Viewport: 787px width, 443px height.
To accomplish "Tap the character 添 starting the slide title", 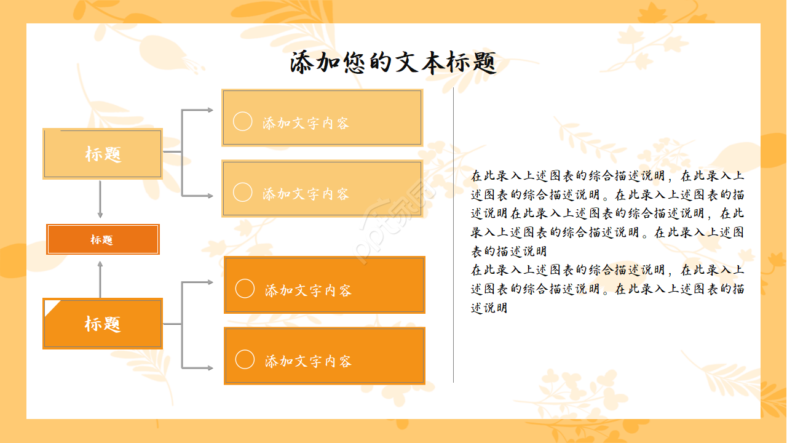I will [x=303, y=63].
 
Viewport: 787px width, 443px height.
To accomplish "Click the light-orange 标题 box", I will [x=103, y=154].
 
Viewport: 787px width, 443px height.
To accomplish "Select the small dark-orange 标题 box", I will [x=103, y=239].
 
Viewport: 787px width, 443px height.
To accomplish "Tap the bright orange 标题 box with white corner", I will [x=103, y=324].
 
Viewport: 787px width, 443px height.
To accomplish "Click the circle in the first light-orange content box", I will [x=243, y=121].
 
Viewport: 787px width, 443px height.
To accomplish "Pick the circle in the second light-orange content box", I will [x=243, y=192].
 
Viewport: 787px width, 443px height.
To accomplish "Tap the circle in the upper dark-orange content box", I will [x=245, y=289].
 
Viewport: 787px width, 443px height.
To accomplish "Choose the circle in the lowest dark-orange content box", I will [x=245, y=359].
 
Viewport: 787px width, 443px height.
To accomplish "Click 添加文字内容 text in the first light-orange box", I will [x=306, y=123].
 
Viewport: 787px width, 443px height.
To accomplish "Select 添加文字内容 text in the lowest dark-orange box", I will [x=308, y=361].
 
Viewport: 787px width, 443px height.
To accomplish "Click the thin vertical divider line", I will [x=453, y=234].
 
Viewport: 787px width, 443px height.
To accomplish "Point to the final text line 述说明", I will [x=489, y=308].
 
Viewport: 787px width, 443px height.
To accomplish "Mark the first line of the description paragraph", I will [x=607, y=176].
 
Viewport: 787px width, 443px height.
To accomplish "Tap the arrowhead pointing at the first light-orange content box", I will [x=210, y=110].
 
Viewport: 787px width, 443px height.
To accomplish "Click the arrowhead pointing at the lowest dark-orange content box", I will [x=210, y=368].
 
